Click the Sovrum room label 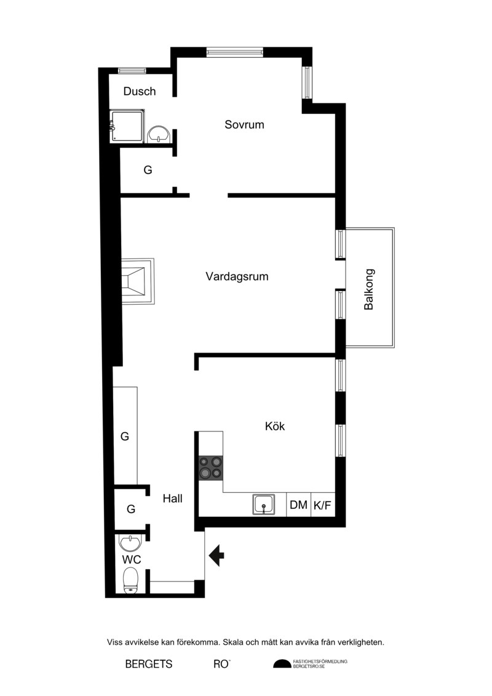(244, 124)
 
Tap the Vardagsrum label (237, 276)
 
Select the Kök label (275, 426)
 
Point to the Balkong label (368, 289)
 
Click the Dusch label (140, 92)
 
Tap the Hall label (172, 498)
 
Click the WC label (132, 559)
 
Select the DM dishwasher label (298, 505)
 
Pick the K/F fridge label (322, 505)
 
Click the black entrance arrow (216, 555)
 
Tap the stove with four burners (211, 468)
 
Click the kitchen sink (263, 504)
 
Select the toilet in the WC (130, 580)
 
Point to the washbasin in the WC (130, 543)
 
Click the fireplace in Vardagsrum (138, 281)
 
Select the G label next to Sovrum (148, 170)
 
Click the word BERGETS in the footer (149, 664)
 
